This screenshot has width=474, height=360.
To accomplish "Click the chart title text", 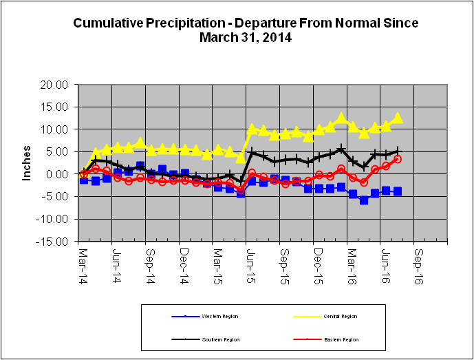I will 246,30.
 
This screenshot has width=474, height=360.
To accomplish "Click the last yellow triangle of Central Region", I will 397,118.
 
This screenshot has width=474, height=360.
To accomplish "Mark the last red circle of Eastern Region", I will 398,159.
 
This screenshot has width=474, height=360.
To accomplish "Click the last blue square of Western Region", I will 397,191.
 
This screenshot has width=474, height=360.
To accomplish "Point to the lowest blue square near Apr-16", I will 364,200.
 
